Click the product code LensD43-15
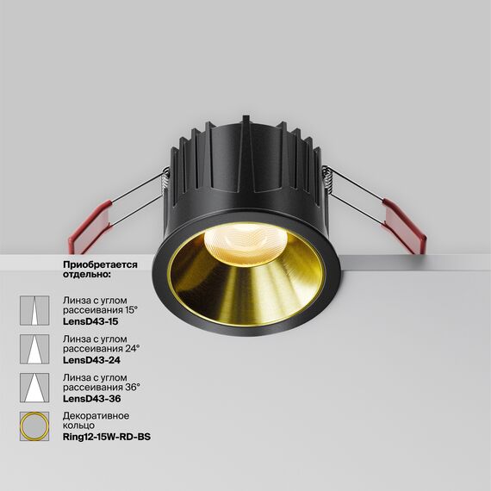(x=90, y=320)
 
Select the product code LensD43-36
(x=91, y=399)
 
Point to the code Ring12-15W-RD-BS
(x=112, y=438)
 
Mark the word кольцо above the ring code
(x=79, y=426)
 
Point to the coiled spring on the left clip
(x=163, y=177)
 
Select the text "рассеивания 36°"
(x=101, y=388)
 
